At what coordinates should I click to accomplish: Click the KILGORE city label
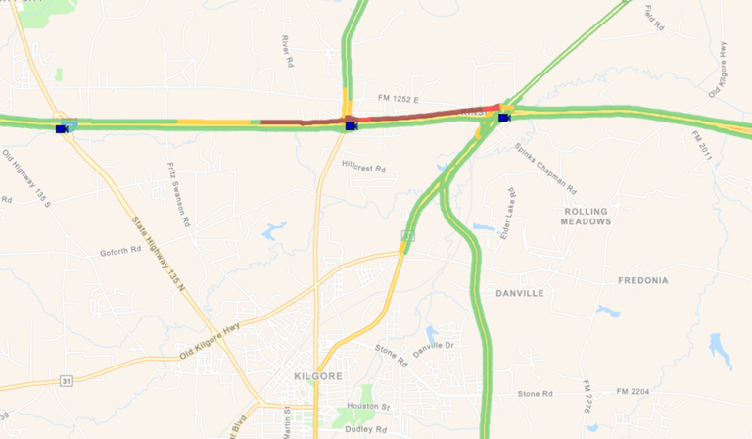[x=317, y=376]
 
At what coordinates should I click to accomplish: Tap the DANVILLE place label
[x=519, y=293]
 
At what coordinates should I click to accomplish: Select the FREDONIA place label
[x=643, y=280]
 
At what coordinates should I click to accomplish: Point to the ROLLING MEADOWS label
[x=586, y=217]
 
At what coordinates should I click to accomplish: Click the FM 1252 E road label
[x=399, y=99]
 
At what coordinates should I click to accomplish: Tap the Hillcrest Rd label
[x=363, y=169]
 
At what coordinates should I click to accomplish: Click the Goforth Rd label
[x=120, y=251]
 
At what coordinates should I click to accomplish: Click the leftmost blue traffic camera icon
[x=62, y=128]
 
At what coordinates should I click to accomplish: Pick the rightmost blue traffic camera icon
[x=504, y=119]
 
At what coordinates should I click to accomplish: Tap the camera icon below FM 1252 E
[x=351, y=125]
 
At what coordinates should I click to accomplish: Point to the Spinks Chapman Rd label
[x=546, y=168]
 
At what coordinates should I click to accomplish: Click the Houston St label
[x=371, y=406]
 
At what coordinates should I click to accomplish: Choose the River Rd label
[x=287, y=52]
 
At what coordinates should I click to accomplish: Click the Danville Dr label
[x=434, y=346]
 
